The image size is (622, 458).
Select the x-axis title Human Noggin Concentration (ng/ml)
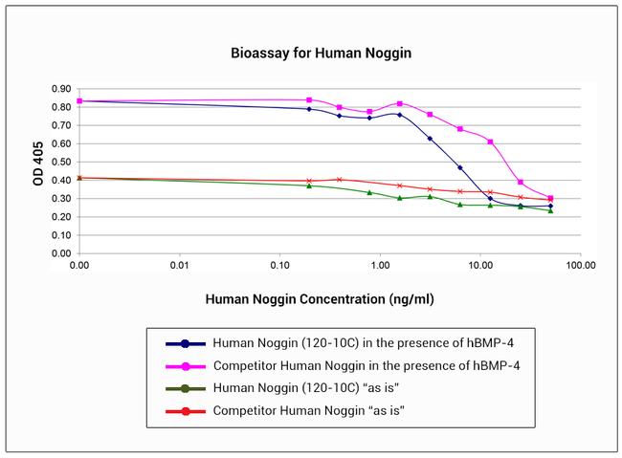point(320,299)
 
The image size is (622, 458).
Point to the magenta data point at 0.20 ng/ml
point(309,99)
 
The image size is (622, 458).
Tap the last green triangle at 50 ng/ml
point(550,210)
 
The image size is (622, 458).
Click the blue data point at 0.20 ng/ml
point(309,109)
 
